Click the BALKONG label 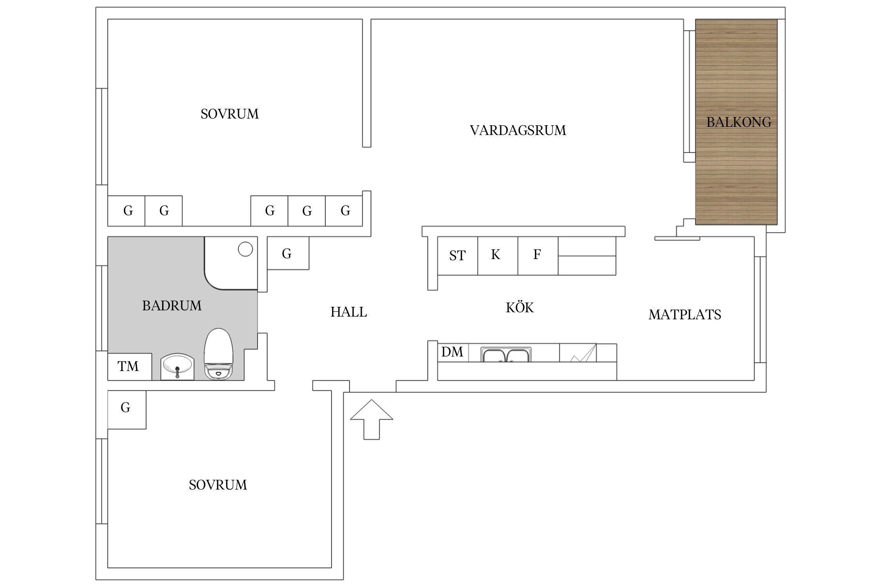[x=739, y=122]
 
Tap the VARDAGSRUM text [x=518, y=130]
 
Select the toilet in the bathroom [x=218, y=354]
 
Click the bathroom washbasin [x=177, y=366]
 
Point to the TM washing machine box [x=130, y=367]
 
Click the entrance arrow [x=372, y=419]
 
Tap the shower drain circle [x=246, y=249]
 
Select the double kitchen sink [x=506, y=355]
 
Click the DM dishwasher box [x=453, y=352]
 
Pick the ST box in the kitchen [x=457, y=256]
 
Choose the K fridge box [x=498, y=256]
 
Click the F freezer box [x=538, y=256]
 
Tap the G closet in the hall [x=288, y=253]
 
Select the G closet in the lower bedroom [x=127, y=410]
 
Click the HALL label [x=348, y=312]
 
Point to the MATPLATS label [x=684, y=315]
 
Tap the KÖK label [x=520, y=307]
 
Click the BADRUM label [x=172, y=306]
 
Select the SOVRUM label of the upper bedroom [x=229, y=114]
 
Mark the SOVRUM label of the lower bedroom [x=218, y=485]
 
